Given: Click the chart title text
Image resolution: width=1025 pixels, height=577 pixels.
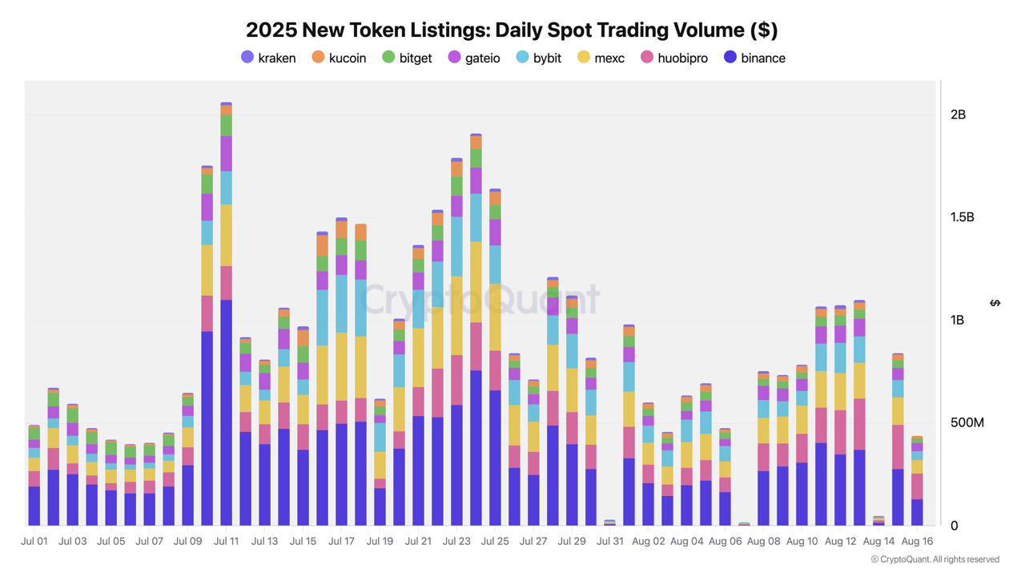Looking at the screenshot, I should pyautogui.click(x=512, y=30).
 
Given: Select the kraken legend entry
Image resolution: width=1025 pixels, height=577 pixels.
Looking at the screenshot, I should pyautogui.click(x=268, y=58).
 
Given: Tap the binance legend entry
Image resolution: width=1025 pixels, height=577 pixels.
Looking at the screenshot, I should pyautogui.click(x=754, y=58).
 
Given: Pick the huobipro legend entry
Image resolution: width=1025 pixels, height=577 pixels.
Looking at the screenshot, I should pyautogui.click(x=674, y=58).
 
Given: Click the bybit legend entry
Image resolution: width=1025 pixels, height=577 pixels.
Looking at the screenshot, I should pyautogui.click(x=539, y=58).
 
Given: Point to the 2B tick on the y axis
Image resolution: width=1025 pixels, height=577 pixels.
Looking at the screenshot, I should pyautogui.click(x=958, y=115).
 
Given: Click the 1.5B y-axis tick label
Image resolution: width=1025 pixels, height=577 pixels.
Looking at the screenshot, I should pyautogui.click(x=962, y=217).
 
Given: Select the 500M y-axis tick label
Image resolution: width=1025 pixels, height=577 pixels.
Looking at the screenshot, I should pyautogui.click(x=967, y=422).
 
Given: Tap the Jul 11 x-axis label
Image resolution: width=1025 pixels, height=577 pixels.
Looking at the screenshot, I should pyautogui.click(x=227, y=541).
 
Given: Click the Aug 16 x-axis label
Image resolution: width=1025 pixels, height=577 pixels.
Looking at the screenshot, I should pyautogui.click(x=917, y=541).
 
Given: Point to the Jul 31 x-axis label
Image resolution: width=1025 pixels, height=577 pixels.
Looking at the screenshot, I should pyautogui.click(x=610, y=541).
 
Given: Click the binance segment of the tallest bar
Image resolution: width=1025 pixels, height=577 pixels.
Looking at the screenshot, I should pyautogui.click(x=227, y=413).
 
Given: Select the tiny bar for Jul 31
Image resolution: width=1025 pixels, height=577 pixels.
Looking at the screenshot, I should pyautogui.click(x=610, y=523).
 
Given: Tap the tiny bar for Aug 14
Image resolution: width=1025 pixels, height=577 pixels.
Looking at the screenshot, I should pyautogui.click(x=878, y=521).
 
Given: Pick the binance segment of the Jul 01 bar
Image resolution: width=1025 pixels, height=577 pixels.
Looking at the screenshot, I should pyautogui.click(x=34, y=506).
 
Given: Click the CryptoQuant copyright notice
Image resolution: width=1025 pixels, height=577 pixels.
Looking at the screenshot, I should pyautogui.click(x=935, y=559).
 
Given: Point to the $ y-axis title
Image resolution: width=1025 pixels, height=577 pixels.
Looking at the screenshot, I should pyautogui.click(x=995, y=303).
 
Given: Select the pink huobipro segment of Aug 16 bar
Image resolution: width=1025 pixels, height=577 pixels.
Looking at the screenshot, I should pyautogui.click(x=917, y=486).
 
